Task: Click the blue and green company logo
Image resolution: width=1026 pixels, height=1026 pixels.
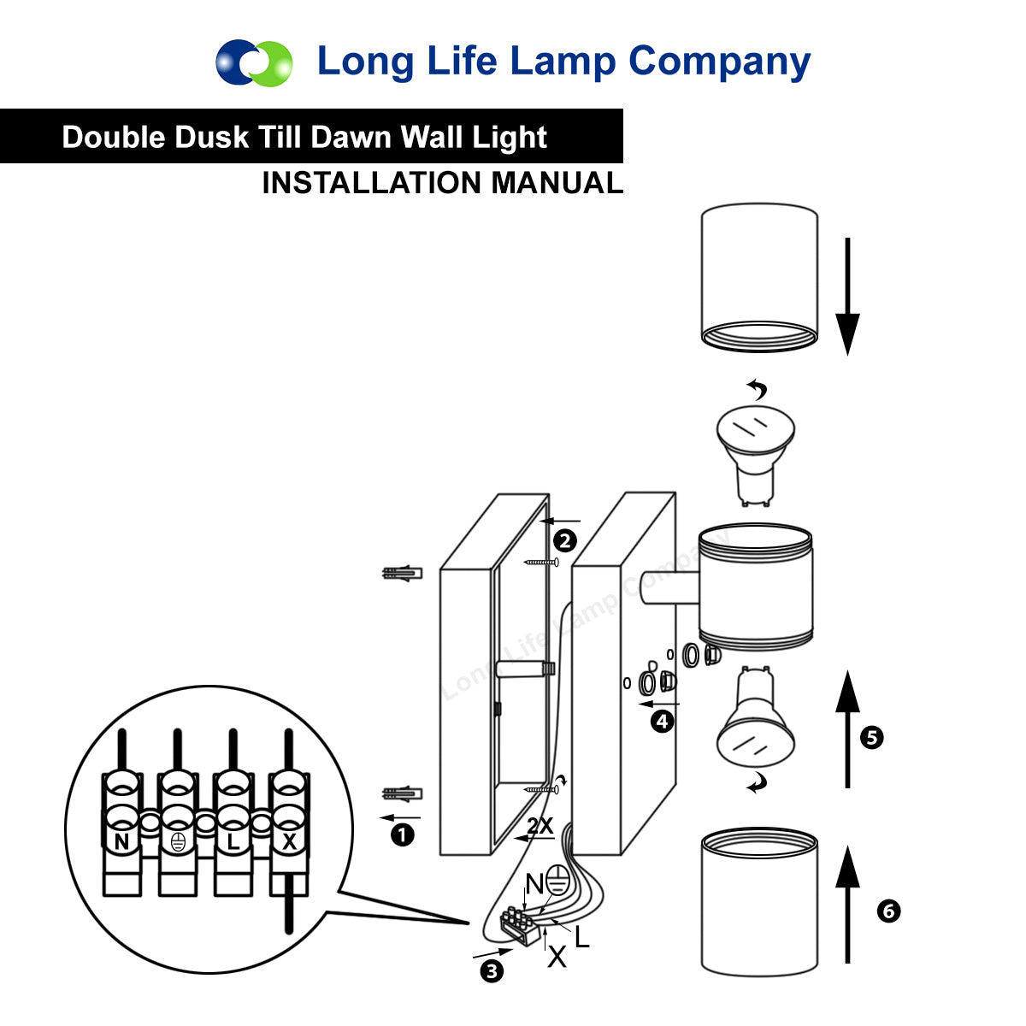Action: [x=254, y=62]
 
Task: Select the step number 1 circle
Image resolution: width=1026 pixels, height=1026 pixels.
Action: [x=402, y=834]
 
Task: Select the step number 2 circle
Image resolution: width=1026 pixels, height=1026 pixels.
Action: [x=564, y=540]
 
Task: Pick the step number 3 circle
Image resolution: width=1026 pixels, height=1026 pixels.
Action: [x=492, y=970]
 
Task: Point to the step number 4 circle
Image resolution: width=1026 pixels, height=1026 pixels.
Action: [x=662, y=722]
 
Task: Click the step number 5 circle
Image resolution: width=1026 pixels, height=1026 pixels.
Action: [x=871, y=737]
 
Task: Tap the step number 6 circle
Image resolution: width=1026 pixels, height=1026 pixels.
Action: [x=888, y=911]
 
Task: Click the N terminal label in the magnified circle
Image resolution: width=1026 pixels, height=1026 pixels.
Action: [x=121, y=842]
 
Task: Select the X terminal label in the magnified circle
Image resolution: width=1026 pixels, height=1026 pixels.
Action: [x=289, y=842]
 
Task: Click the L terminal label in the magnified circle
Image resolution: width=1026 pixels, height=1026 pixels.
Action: [x=233, y=842]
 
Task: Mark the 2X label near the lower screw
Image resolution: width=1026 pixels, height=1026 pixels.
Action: [x=540, y=826]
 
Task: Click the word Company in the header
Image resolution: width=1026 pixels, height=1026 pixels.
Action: [x=719, y=62]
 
